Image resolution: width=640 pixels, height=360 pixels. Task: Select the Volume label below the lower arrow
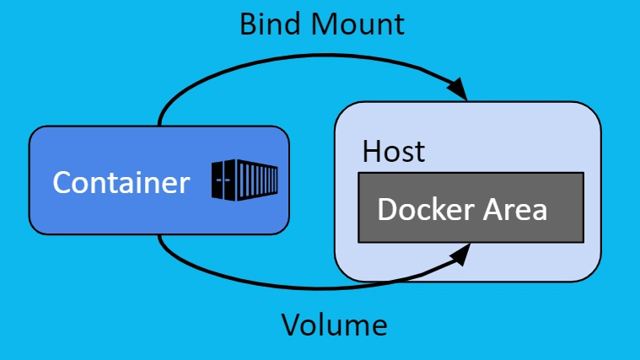pos(334,325)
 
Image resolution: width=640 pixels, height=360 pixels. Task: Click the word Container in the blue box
pos(121,182)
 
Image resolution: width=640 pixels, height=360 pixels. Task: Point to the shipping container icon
pos(245,180)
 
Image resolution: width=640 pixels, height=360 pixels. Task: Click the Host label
pos(393,153)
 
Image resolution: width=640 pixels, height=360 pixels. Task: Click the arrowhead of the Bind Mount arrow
pos(458,87)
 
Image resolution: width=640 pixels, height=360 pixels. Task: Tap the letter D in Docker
pos(388,208)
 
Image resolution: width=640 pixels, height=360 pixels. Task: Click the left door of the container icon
pos(223,180)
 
